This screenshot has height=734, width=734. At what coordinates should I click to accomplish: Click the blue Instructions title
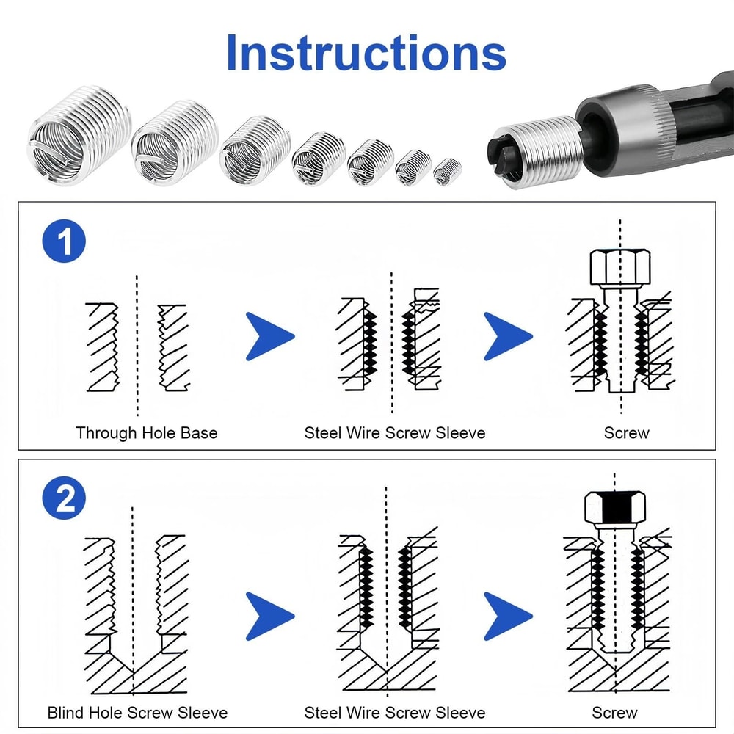(366, 53)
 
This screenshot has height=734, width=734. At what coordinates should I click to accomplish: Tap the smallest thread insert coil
(447, 172)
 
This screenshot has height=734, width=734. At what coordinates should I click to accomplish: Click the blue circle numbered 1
(65, 242)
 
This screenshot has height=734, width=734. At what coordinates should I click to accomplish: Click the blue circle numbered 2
(65, 500)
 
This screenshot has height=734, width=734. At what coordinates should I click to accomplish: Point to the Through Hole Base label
(147, 433)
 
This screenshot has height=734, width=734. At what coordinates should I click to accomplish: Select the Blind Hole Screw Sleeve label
(137, 713)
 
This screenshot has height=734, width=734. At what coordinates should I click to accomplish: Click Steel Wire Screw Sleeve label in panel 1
(395, 433)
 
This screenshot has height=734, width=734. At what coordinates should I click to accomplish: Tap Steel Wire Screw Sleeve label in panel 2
(395, 713)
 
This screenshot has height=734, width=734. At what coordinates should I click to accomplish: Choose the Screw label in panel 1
(626, 433)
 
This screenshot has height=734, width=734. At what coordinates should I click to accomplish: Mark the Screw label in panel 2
(614, 713)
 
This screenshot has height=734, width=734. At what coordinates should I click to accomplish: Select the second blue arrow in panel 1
(507, 337)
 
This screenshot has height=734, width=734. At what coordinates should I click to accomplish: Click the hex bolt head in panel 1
(621, 269)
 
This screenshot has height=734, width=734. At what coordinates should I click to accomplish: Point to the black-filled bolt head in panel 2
(617, 506)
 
